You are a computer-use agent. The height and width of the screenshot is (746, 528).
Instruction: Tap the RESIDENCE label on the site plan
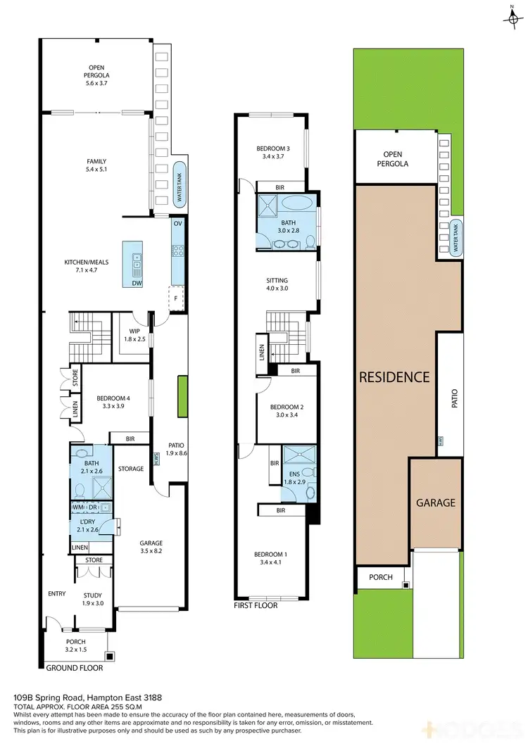[x=394, y=377]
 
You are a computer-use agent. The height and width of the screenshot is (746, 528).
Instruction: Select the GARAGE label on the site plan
[x=435, y=502]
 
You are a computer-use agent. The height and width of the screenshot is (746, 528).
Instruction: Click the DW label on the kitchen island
[x=137, y=283]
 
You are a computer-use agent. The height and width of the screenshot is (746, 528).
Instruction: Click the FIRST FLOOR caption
[x=256, y=605]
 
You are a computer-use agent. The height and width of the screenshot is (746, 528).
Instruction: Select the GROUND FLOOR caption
[x=75, y=667]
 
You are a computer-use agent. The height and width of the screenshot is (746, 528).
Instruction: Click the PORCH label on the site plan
[x=381, y=578]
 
